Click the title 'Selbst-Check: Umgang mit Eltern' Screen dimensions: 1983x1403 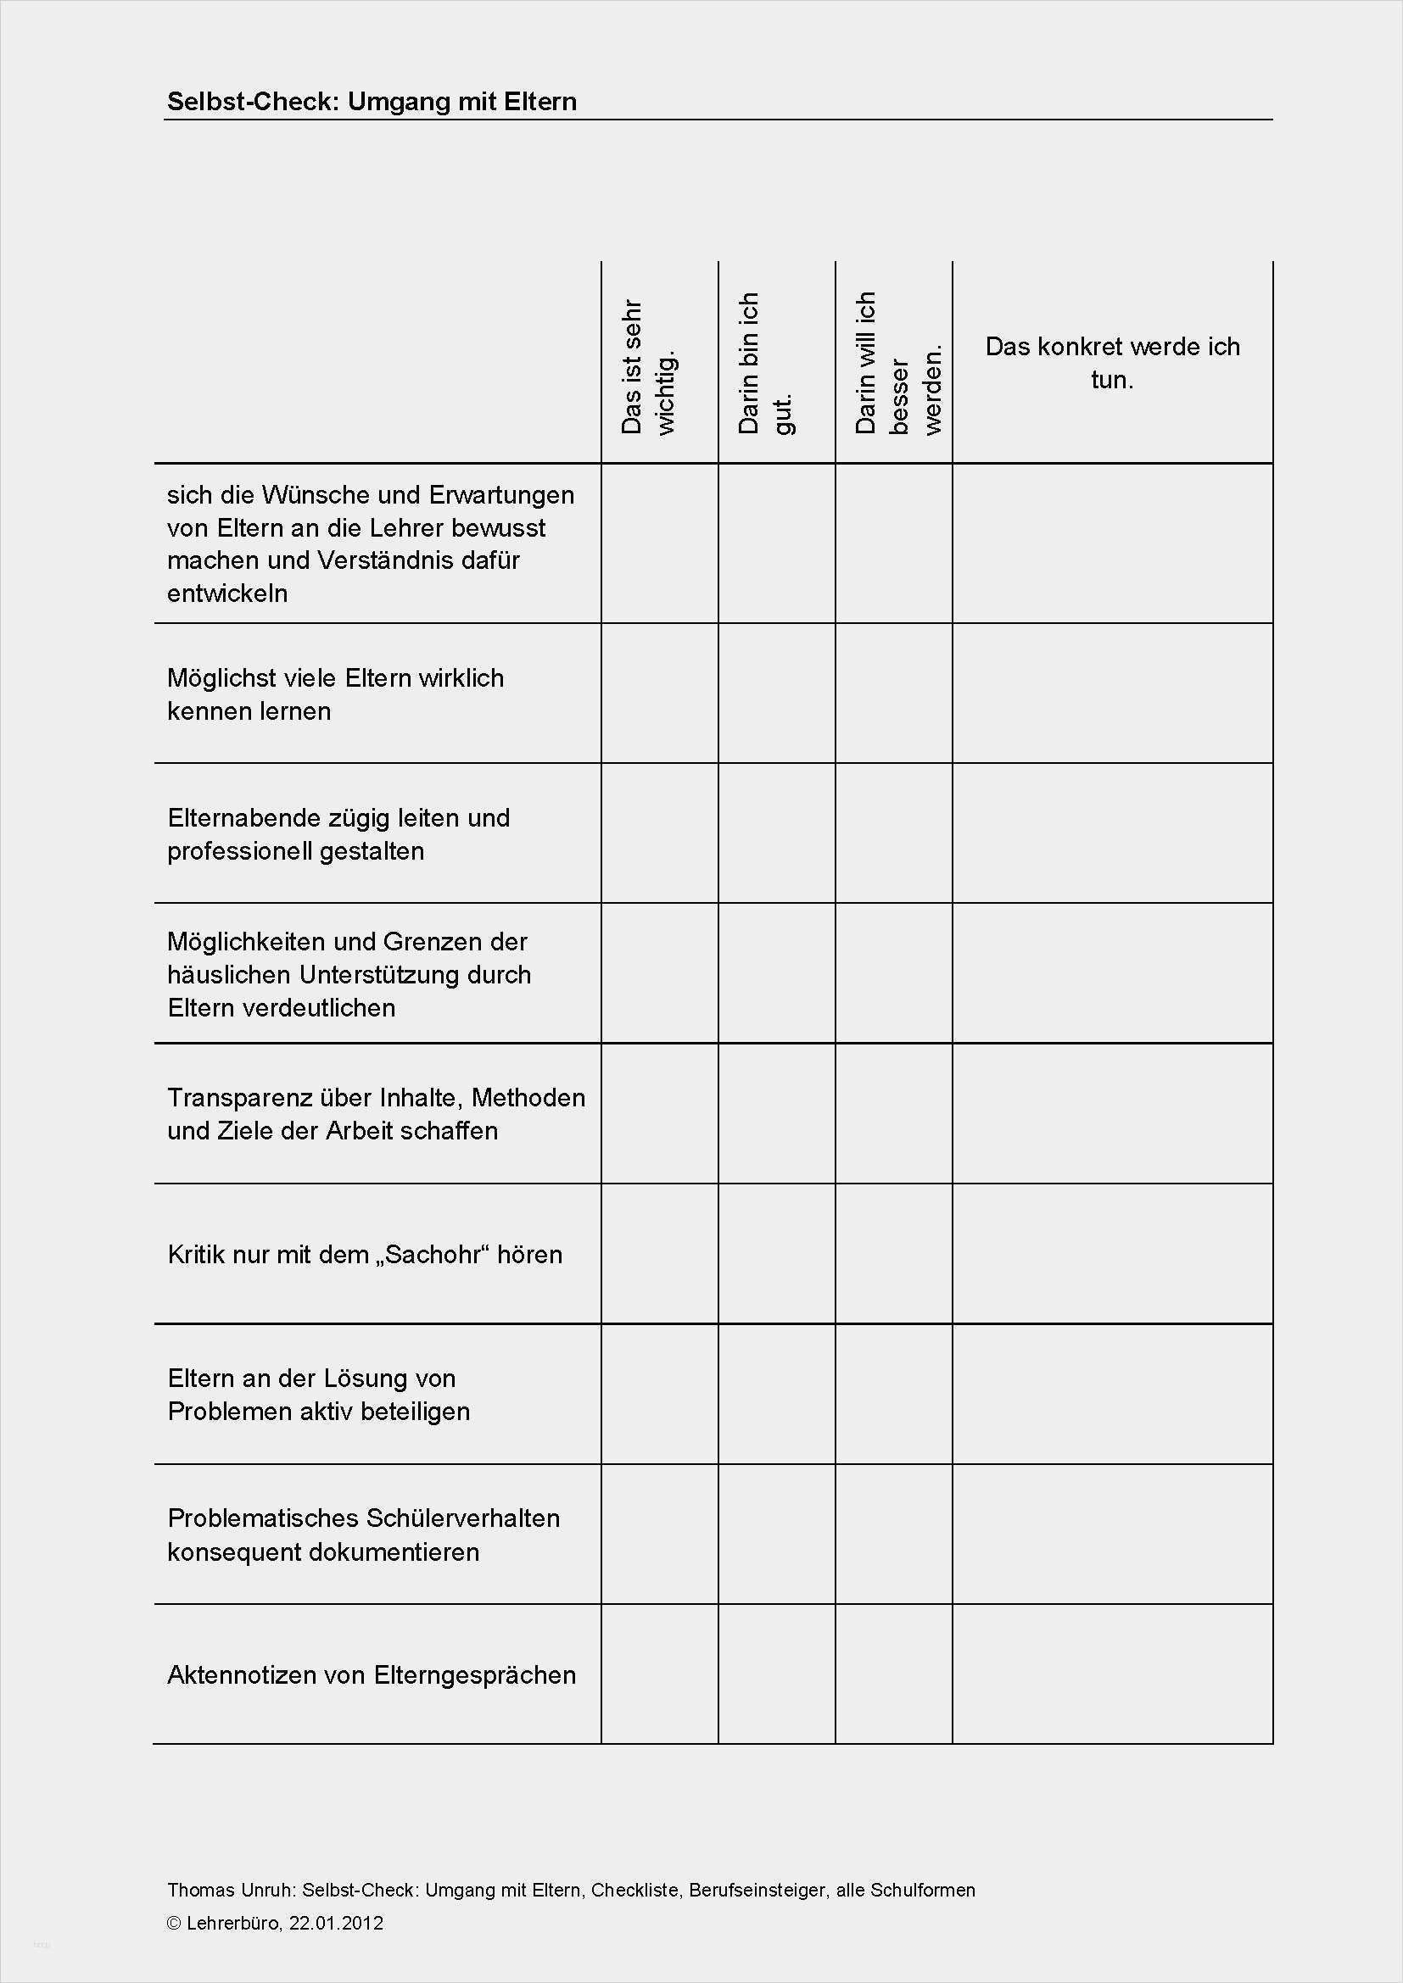[x=372, y=102]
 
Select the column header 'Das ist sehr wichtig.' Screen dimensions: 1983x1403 [x=649, y=367]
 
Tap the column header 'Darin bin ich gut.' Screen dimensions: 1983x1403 [x=765, y=363]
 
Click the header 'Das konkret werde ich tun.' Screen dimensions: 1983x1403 [x=1112, y=363]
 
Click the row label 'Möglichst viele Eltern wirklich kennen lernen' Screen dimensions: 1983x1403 [x=335, y=694]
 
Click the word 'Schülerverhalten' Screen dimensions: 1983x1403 [x=463, y=1518]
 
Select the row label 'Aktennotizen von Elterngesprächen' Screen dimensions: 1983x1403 [x=372, y=1674]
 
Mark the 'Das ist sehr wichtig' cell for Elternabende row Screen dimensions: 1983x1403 [x=659, y=833]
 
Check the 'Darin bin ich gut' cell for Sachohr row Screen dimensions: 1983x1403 [x=777, y=1254]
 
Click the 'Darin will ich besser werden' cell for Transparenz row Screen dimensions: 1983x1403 [x=893, y=1114]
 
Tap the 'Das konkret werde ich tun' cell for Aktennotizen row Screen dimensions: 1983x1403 [x=1112, y=1674]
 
